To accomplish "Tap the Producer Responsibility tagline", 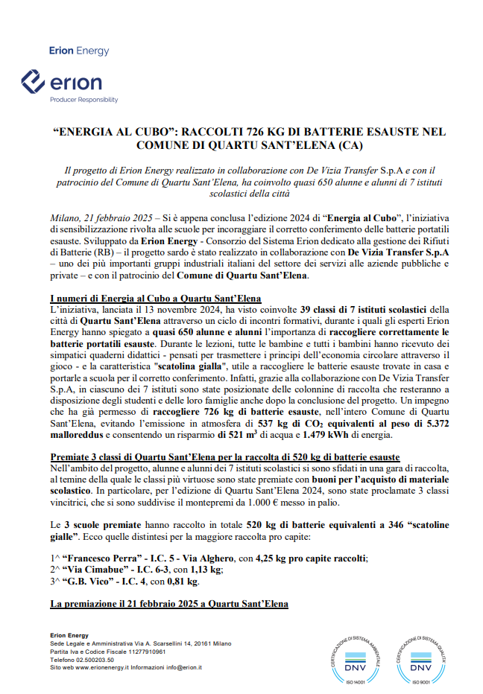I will point(83,99).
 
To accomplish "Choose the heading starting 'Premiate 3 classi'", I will point(224,455).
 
